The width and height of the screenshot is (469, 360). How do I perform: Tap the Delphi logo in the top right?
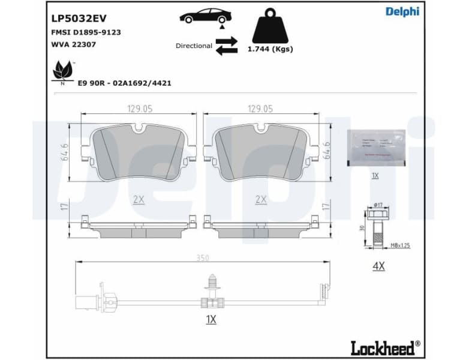click(x=402, y=12)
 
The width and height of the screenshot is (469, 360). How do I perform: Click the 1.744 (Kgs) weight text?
click(x=270, y=49)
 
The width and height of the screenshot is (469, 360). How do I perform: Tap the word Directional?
click(x=194, y=46)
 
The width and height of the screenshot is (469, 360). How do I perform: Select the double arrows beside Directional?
click(x=227, y=46)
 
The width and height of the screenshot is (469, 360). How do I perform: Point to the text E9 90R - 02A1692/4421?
click(x=124, y=83)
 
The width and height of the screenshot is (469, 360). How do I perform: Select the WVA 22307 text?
click(x=70, y=44)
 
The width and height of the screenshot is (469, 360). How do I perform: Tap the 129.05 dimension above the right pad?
click(x=260, y=109)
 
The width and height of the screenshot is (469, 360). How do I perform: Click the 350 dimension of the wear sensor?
click(x=203, y=258)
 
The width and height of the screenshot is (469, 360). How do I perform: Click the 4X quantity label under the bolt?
click(x=378, y=266)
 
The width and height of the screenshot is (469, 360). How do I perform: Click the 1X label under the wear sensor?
click(x=211, y=320)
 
